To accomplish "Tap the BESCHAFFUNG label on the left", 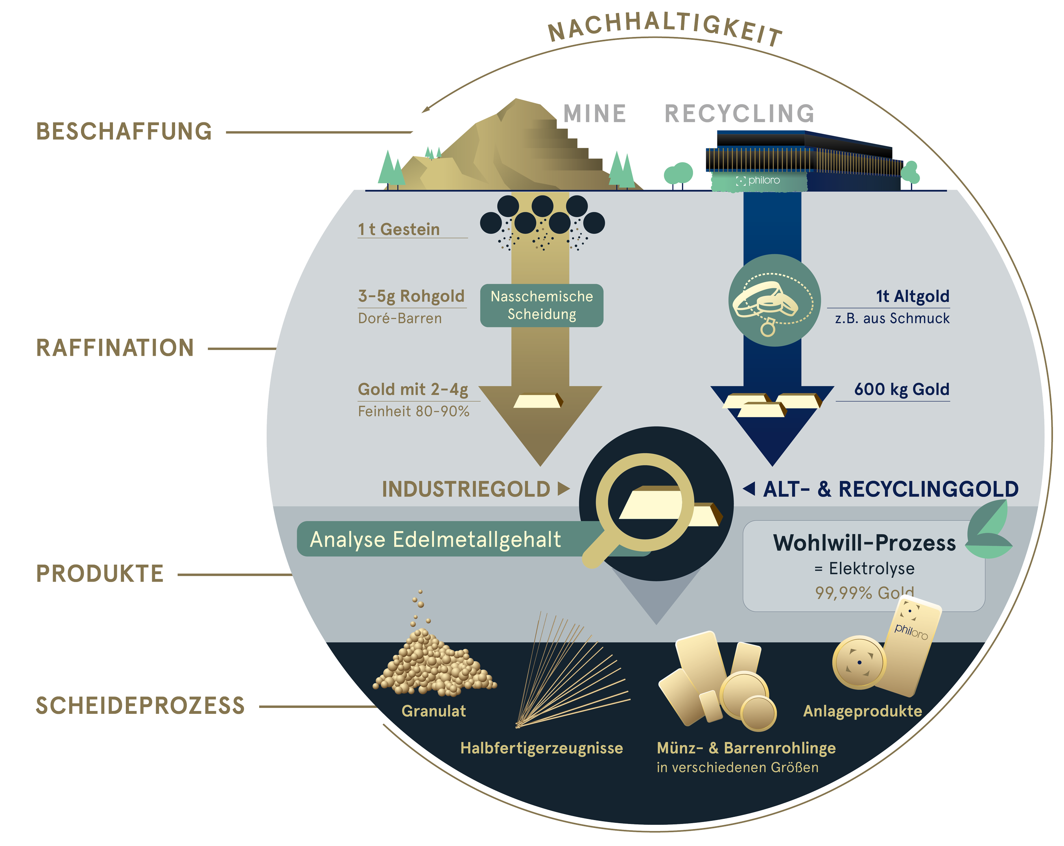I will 124,131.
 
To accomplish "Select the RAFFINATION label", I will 115,347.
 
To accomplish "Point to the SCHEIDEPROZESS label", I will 140,706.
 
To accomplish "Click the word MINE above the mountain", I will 595,114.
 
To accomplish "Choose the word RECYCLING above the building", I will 739,114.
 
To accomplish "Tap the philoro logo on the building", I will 758,181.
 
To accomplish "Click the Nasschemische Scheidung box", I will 541,305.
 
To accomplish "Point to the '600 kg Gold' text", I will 901,389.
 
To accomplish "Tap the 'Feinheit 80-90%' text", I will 413,411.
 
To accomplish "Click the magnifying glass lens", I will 645,502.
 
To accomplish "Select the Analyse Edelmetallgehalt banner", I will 435,539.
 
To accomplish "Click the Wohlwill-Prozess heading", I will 864,543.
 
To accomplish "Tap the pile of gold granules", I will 434,664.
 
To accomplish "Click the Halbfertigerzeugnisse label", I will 541,748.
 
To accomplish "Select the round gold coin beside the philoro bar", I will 859,662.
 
